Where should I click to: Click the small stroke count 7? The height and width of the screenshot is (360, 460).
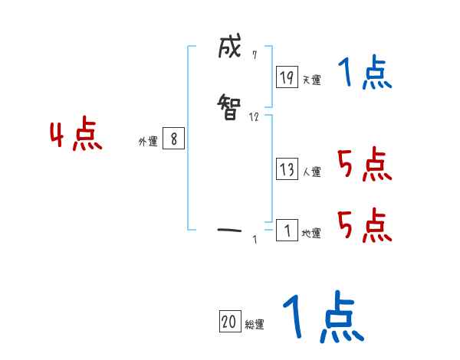254,54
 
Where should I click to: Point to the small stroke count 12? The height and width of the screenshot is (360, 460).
254,116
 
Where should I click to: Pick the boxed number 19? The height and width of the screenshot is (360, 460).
287,77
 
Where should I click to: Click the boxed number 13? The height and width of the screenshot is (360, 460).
287,169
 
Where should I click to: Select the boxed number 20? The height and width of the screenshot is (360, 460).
229,322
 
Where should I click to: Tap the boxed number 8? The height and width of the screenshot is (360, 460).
174,139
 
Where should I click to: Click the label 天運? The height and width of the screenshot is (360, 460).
312,80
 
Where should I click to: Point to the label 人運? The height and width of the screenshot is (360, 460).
312,172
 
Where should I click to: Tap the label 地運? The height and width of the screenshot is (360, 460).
312,234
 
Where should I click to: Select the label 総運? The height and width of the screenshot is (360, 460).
255,325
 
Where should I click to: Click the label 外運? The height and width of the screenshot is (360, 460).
148,142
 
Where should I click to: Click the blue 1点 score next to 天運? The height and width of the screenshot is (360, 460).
365,74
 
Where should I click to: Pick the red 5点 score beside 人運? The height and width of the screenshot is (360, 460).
364,165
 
